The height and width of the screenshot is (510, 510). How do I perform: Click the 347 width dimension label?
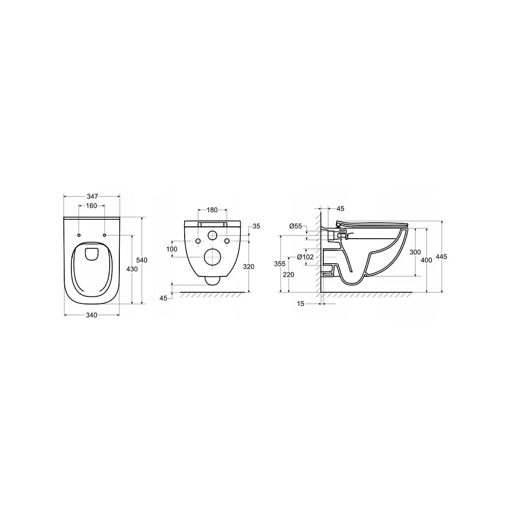tap(92, 196)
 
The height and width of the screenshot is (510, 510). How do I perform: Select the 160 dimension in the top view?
tap(92, 206)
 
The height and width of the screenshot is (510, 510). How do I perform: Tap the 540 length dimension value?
tap(142, 260)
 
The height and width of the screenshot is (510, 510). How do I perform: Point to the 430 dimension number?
tap(132, 269)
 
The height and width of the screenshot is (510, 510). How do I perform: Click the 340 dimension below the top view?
tap(92, 315)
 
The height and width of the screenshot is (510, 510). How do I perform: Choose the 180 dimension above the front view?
tap(212, 210)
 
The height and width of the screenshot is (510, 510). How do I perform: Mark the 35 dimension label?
tap(257, 226)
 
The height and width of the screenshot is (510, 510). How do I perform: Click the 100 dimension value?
tap(172, 249)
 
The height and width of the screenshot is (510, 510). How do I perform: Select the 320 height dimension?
tap(249, 267)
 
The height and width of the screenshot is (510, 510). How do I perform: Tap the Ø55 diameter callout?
tap(296, 226)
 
